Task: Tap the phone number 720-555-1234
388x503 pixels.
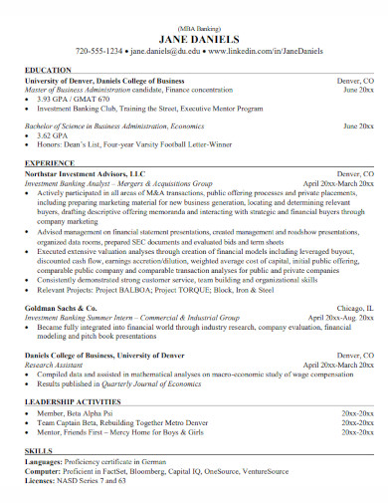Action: pyautogui.click(x=99, y=49)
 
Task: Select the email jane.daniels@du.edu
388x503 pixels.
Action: pyautogui.click(x=167, y=49)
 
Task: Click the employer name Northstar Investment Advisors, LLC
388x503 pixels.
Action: pyautogui.click(x=85, y=172)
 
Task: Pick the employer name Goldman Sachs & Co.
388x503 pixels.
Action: pyautogui.click(x=61, y=310)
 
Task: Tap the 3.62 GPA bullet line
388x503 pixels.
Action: pyautogui.click(x=54, y=135)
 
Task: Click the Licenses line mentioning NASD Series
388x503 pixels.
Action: pyautogui.click(x=76, y=481)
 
